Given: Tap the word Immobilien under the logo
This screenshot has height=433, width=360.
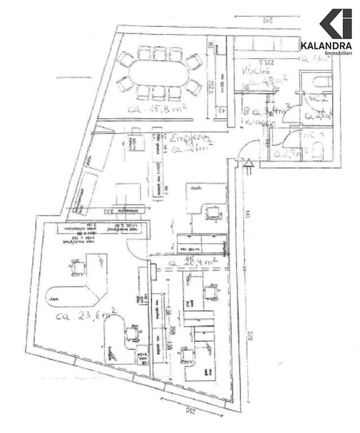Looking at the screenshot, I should pos(341,53).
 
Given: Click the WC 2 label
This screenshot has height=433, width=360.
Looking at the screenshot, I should pos(315,100).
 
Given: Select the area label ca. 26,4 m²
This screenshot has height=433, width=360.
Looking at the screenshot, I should pos(193,263).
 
